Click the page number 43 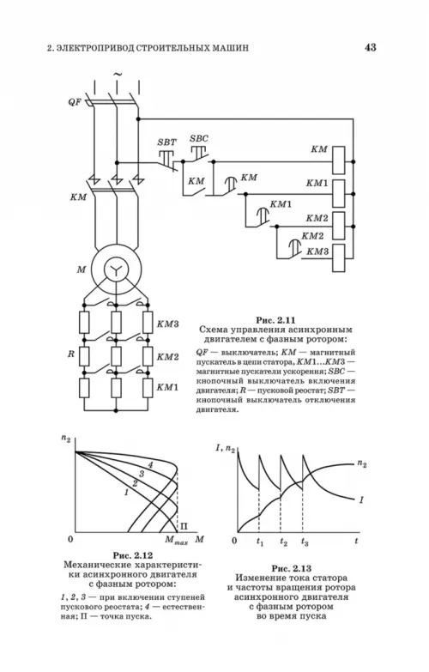tap(371, 47)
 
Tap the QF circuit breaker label tap(75, 102)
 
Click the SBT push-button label tap(166, 142)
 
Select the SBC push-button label tap(199, 138)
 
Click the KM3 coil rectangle tap(339, 257)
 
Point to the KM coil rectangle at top tap(339, 160)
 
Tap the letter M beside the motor tap(82, 269)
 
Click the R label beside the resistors tap(71, 354)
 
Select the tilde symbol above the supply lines tap(117, 75)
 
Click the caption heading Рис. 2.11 tap(276, 320)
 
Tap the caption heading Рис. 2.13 tap(292, 569)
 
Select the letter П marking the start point tap(184, 526)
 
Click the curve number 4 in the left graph tap(150, 465)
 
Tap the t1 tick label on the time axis tap(260, 542)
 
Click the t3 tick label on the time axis tap(305, 542)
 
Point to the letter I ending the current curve tap(361, 499)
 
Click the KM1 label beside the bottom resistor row tap(167, 387)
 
